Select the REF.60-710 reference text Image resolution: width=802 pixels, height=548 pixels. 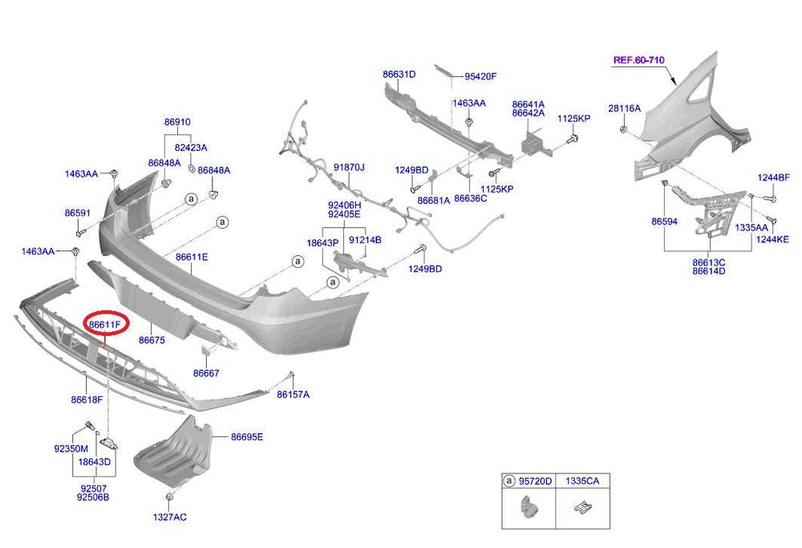(639, 60)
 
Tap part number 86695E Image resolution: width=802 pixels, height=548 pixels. (247, 436)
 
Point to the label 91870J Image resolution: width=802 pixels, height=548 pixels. (349, 168)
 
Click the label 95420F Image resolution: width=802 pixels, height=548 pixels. (480, 77)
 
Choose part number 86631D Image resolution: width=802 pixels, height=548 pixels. (399, 75)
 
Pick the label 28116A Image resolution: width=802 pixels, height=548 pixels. (624, 108)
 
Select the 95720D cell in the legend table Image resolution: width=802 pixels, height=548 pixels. (535, 481)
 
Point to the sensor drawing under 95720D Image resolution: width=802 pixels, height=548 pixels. (529, 508)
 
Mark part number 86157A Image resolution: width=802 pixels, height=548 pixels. (293, 394)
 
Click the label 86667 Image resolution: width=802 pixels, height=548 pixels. (206, 373)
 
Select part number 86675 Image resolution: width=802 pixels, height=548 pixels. (152, 340)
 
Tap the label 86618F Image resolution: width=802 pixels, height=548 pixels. (87, 399)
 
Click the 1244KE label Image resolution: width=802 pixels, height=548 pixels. (773, 239)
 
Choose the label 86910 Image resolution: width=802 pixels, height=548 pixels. (177, 122)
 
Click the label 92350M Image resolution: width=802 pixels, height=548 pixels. (71, 449)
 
